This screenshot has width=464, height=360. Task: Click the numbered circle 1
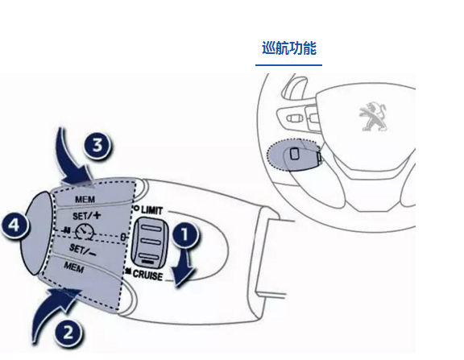[185, 234]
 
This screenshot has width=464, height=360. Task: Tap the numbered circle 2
[68, 332]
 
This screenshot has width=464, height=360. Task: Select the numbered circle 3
[97, 145]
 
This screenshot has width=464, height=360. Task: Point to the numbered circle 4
[14, 226]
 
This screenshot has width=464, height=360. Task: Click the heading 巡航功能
[289, 48]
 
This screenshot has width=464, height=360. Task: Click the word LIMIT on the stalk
[151, 210]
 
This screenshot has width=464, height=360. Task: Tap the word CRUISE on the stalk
[147, 275]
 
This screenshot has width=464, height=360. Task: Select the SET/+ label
[87, 215]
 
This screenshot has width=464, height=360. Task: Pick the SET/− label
[82, 250]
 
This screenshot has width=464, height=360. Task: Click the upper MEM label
[85, 200]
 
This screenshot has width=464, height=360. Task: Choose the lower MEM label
[73, 267]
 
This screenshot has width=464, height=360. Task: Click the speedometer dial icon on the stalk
[85, 232]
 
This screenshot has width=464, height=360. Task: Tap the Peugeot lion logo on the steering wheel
[374, 116]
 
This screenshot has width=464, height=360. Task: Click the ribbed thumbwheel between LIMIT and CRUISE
[150, 242]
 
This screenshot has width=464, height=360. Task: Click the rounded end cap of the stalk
[36, 234]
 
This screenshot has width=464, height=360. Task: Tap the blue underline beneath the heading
[289, 64]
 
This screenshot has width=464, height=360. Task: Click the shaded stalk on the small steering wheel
[293, 155]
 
